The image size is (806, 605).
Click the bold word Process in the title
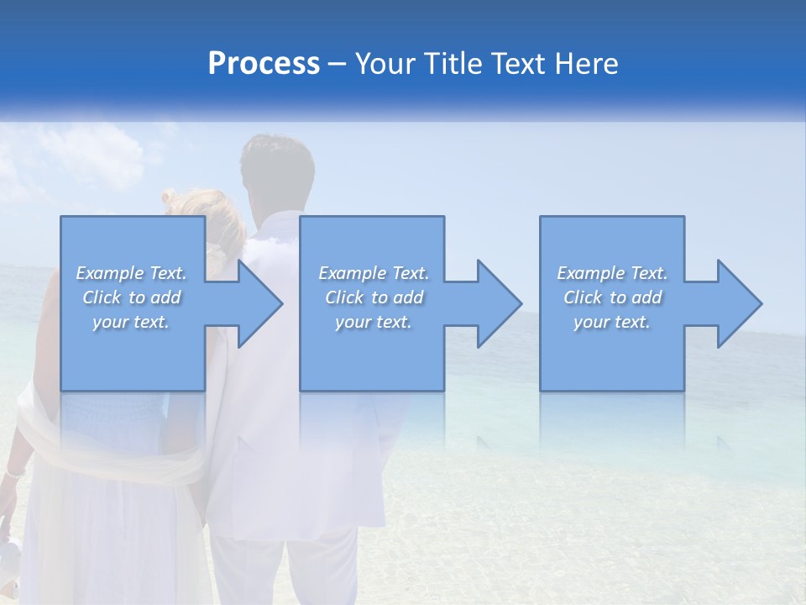[x=264, y=64]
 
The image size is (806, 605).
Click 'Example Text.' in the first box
[x=132, y=273]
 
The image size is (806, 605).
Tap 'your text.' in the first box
[x=132, y=322]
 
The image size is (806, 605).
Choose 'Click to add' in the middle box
[x=374, y=297]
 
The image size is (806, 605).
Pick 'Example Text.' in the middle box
[x=374, y=273]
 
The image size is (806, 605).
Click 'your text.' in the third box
[x=612, y=322]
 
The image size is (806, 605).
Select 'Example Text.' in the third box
[x=612, y=273]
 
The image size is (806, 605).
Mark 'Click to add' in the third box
[x=612, y=297]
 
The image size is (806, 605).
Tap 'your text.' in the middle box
[x=374, y=322]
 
